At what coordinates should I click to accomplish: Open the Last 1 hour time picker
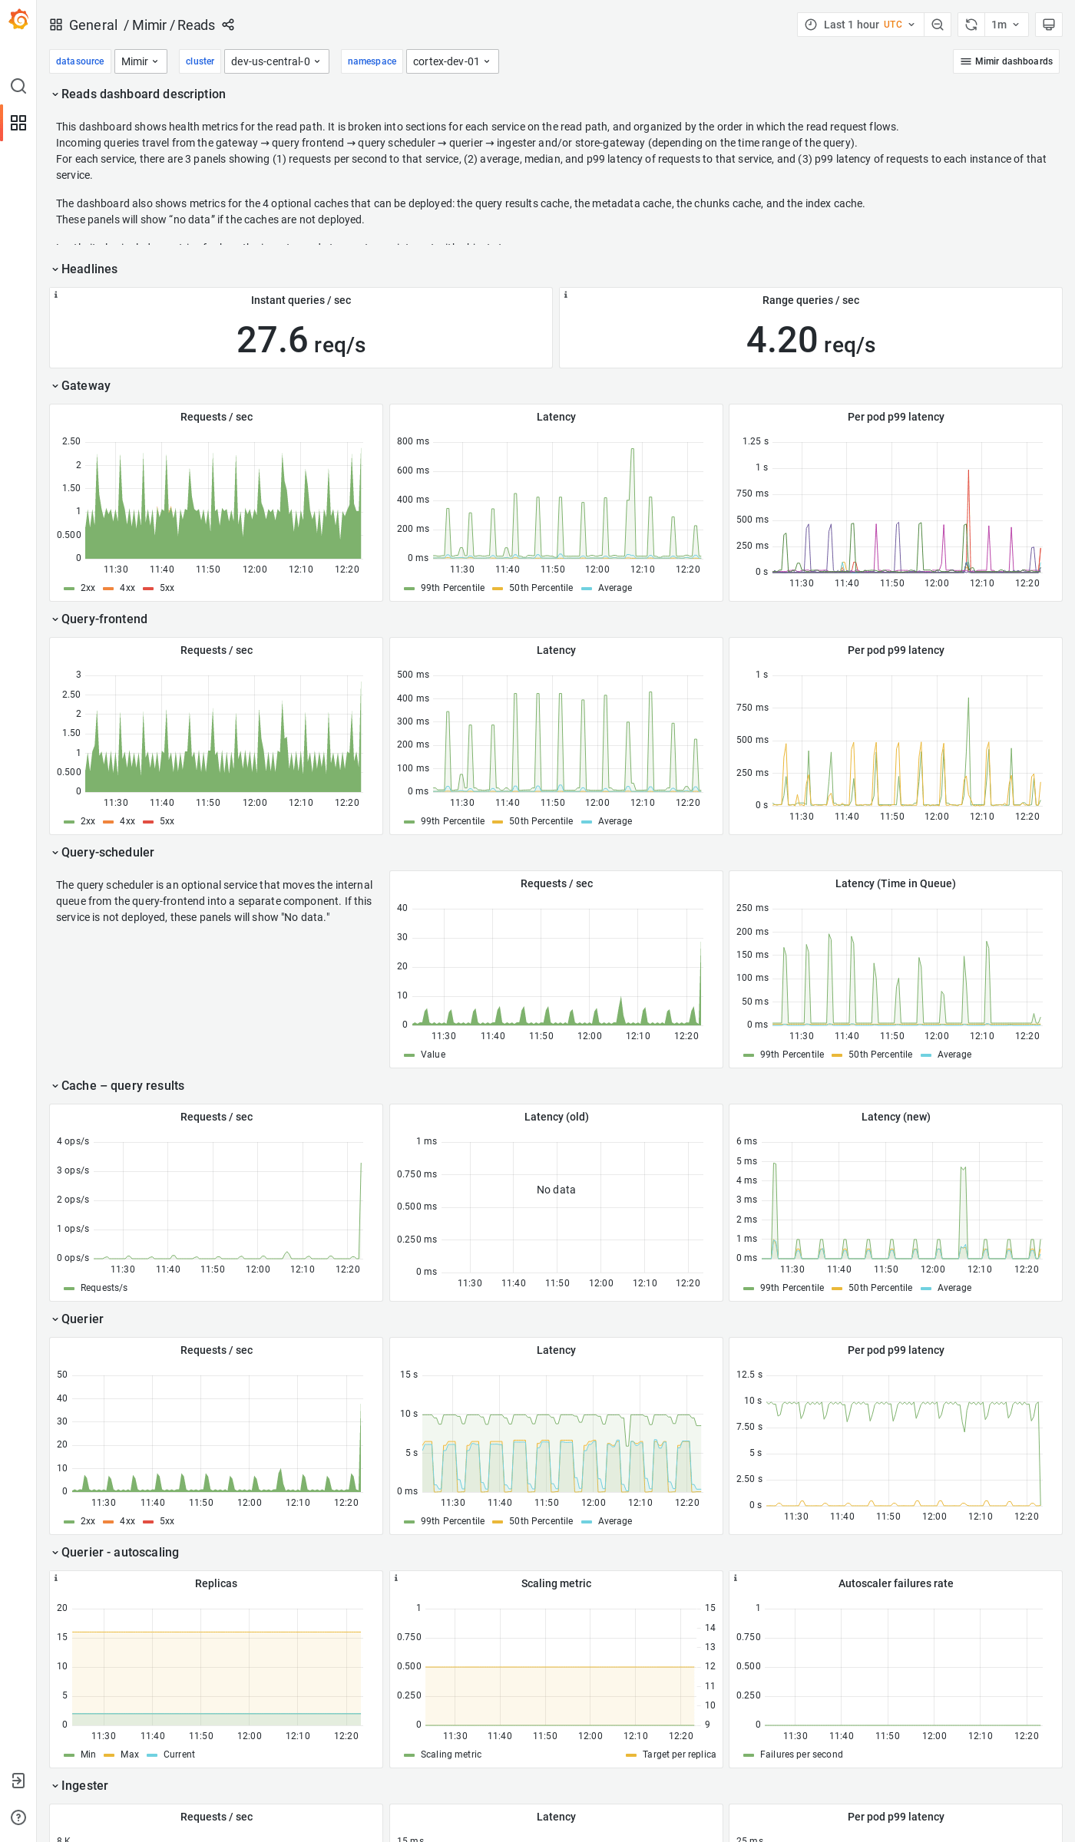coord(860,25)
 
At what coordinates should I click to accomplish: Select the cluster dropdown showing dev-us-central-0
coord(276,61)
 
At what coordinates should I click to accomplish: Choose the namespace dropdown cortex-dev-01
coord(451,61)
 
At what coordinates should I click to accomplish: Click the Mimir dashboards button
coord(1006,61)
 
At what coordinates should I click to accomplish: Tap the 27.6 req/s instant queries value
coord(300,340)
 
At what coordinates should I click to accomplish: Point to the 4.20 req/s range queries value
coord(810,340)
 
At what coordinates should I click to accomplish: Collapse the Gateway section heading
coord(85,386)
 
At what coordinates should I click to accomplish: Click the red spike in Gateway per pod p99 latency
coord(968,491)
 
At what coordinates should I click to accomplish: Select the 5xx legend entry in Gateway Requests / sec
coord(167,588)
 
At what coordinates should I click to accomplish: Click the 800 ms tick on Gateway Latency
coord(412,441)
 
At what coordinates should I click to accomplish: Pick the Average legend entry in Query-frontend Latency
coord(614,821)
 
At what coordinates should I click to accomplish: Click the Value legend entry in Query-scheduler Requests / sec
coord(432,1055)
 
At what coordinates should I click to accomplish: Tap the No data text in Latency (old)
coord(556,1190)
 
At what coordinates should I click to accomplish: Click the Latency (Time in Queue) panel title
coord(895,883)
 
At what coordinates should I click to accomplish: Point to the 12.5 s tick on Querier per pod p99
coord(749,1375)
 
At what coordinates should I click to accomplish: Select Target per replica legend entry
coord(678,1755)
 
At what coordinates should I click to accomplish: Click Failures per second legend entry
coord(801,1755)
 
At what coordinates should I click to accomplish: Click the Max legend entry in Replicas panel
coord(129,1755)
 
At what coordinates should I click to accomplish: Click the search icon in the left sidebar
coord(18,86)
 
